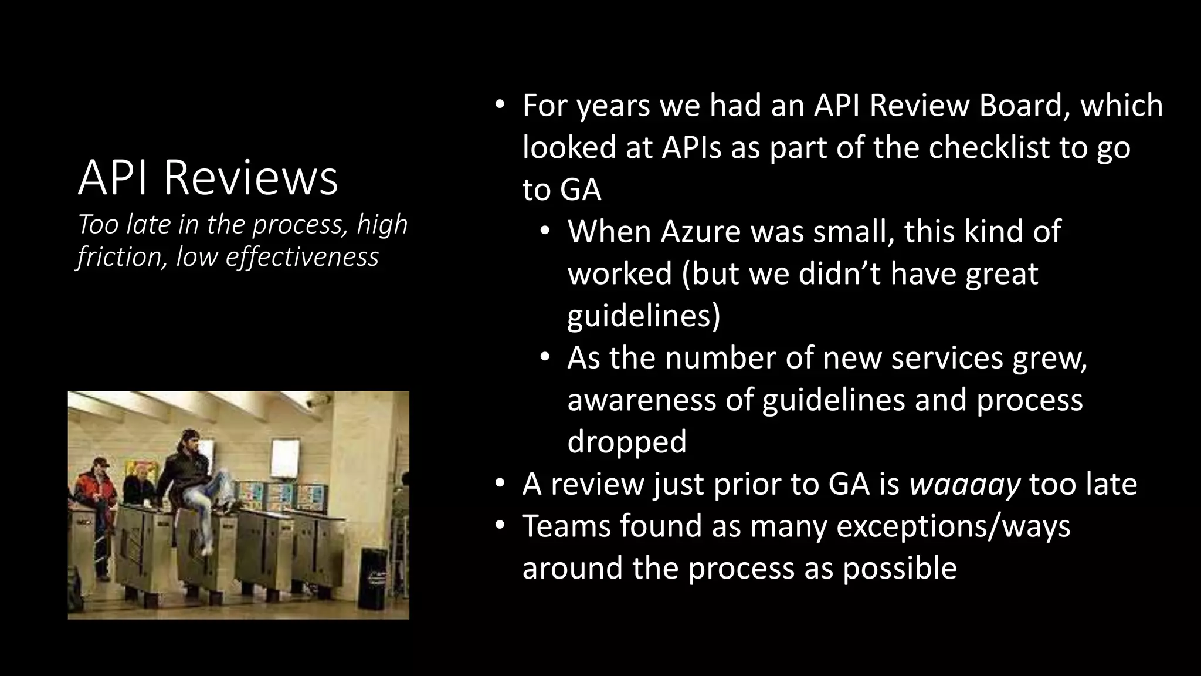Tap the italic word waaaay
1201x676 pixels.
point(965,484)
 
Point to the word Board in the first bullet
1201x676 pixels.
point(1019,106)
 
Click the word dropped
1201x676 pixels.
point(626,441)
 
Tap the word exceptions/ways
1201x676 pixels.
point(954,526)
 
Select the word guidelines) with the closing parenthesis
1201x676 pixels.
point(643,316)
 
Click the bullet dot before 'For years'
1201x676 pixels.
point(499,106)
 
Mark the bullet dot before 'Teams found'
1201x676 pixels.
point(499,526)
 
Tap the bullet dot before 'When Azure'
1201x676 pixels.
point(545,232)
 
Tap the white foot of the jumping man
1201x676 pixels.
point(206,550)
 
